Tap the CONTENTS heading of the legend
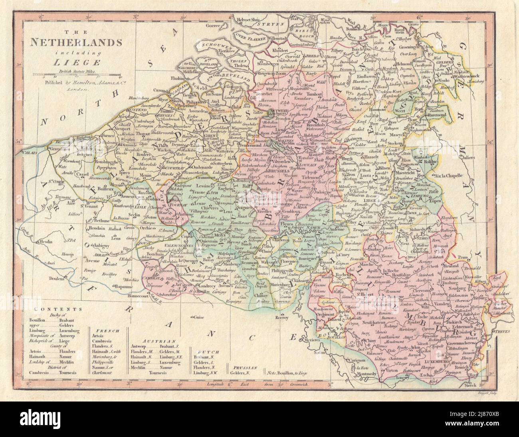pos(48,309)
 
